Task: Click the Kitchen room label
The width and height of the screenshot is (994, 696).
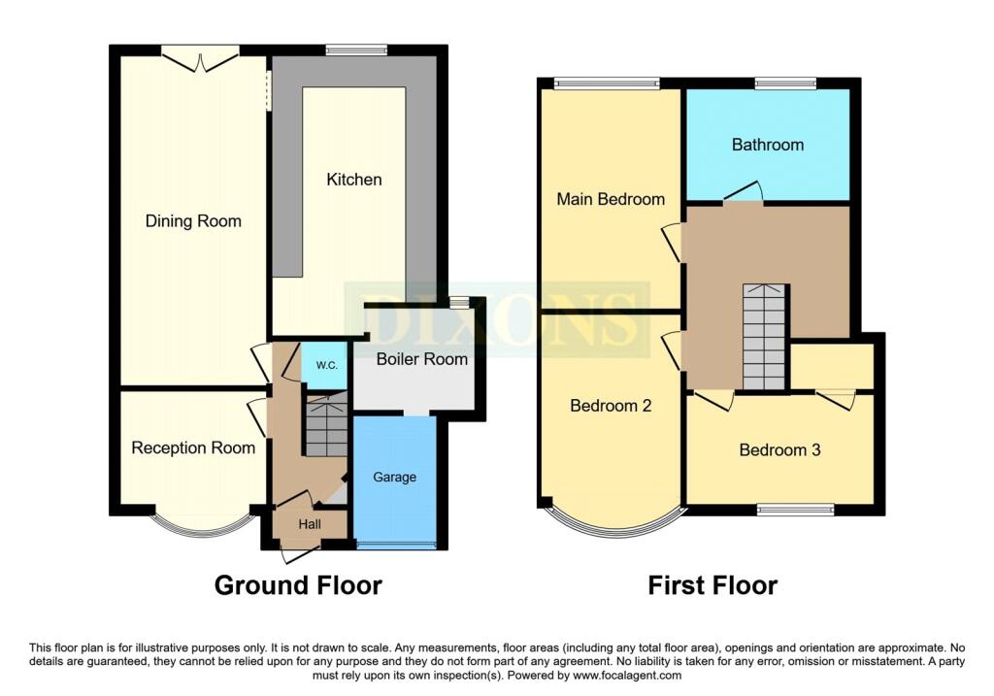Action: [353, 180]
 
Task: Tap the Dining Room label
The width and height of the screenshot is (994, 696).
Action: [193, 221]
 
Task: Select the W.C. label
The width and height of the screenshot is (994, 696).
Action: [326, 365]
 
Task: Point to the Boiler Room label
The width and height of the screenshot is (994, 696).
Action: [421, 359]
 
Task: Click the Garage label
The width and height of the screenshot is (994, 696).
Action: [394, 478]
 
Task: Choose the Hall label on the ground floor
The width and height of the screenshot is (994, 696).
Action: [310, 524]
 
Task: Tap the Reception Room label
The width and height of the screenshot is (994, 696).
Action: [193, 448]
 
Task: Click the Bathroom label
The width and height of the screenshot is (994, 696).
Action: [768, 145]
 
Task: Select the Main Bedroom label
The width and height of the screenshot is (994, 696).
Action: [611, 199]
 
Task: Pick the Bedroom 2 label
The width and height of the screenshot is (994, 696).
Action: [611, 406]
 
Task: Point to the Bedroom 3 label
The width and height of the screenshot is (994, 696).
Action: [779, 450]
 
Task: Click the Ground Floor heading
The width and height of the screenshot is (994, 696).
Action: [298, 585]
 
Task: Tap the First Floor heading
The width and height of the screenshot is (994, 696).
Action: [712, 585]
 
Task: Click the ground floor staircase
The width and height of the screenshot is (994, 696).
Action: [326, 423]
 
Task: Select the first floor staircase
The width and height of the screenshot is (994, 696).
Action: [765, 337]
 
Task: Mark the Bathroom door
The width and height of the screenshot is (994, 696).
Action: [744, 193]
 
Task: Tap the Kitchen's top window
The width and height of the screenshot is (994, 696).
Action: [356, 50]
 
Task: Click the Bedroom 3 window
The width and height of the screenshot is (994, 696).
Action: [796, 510]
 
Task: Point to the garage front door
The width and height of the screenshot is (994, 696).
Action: [396, 546]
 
